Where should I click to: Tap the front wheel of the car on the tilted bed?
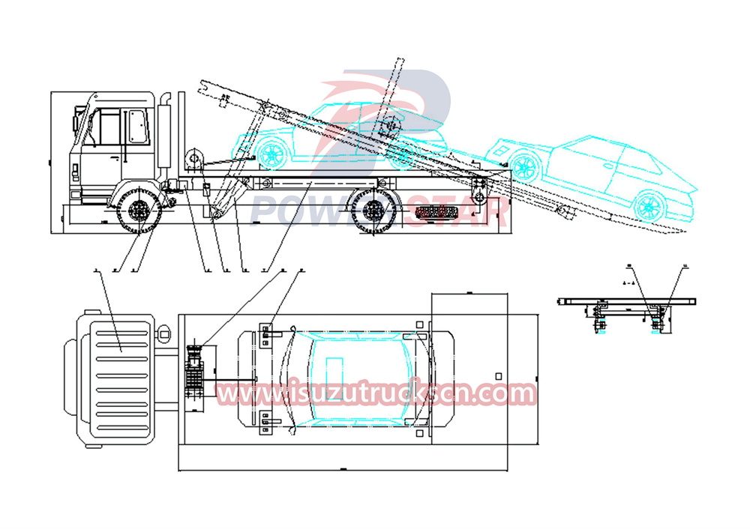(x=271, y=154)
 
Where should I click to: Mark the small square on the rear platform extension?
(x=496, y=375)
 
